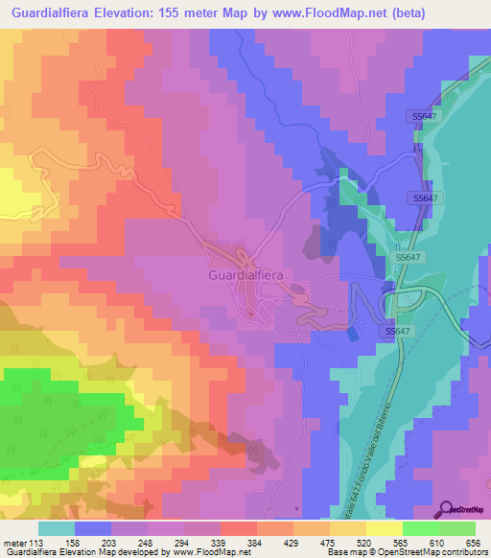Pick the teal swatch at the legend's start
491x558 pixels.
[57, 528]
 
